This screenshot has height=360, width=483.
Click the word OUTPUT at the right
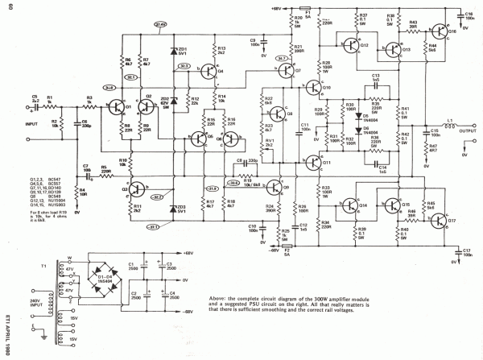coord(470,135)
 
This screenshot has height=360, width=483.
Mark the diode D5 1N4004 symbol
coord(356,115)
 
